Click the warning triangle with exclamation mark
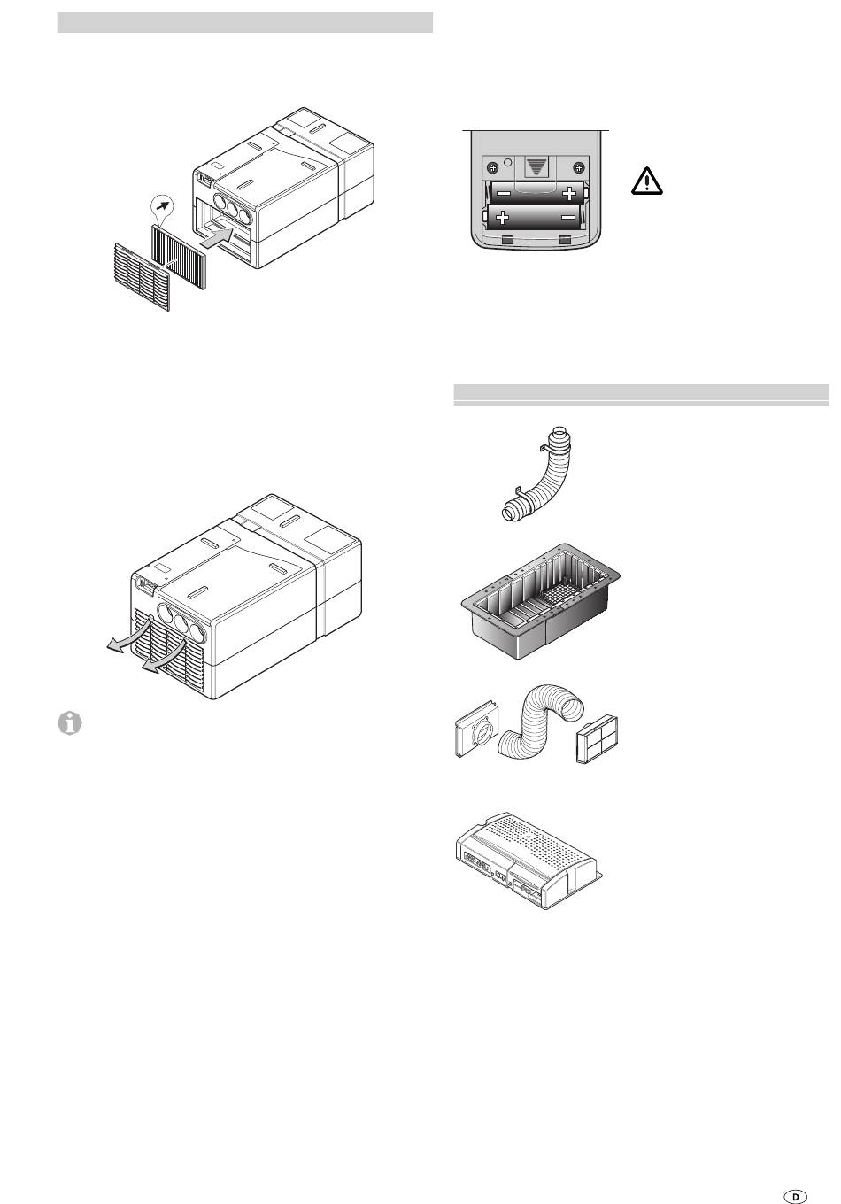point(646,181)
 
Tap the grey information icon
point(70,723)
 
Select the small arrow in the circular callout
point(163,205)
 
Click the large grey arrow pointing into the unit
point(217,237)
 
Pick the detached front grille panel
point(143,277)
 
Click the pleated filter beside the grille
point(179,257)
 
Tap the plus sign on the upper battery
point(568,193)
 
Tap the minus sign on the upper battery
point(504,192)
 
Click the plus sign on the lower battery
point(502,218)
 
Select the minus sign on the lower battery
point(568,217)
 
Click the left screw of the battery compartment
point(492,167)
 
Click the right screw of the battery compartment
point(579,167)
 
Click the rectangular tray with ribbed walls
point(541,600)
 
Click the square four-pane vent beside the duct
point(597,738)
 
